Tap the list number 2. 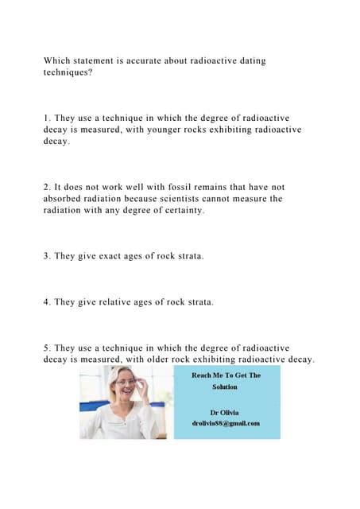point(46,187)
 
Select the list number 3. point(46,256)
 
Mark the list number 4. point(46,302)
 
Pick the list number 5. point(46,348)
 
